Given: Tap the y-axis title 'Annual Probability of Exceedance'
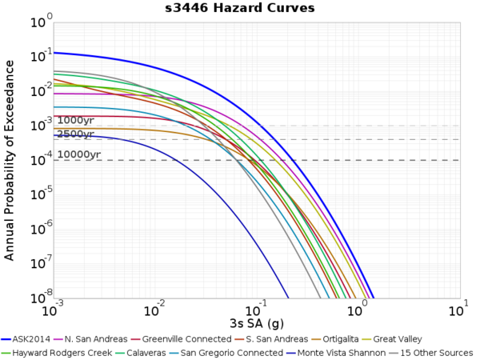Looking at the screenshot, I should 10,159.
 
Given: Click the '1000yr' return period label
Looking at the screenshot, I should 75,121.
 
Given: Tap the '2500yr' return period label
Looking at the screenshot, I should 75,134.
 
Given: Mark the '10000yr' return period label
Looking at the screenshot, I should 78,154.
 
